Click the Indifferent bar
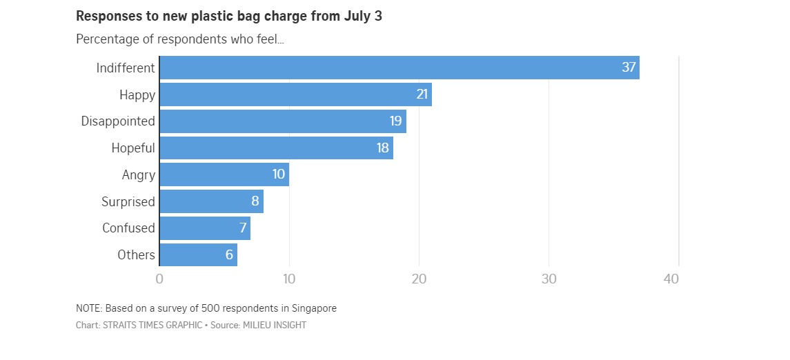pyautogui.click(x=399, y=68)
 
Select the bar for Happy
pyautogui.click(x=295, y=94)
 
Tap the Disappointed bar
pyautogui.click(x=282, y=121)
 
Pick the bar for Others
pyautogui.click(x=198, y=254)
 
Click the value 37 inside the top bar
pyautogui.click(x=629, y=68)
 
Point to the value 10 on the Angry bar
pyautogui.click(x=278, y=174)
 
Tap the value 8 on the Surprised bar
pyautogui.click(x=255, y=201)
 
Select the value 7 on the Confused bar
pyautogui.click(x=242, y=228)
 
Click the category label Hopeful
pyautogui.click(x=133, y=148)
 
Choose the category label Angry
pyautogui.click(x=138, y=174)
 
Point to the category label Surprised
pyautogui.click(x=128, y=201)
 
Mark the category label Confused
pyautogui.click(x=128, y=228)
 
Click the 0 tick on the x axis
pyautogui.click(x=159, y=279)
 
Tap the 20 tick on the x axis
pyautogui.click(x=419, y=279)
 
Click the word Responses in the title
pyautogui.click(x=108, y=17)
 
